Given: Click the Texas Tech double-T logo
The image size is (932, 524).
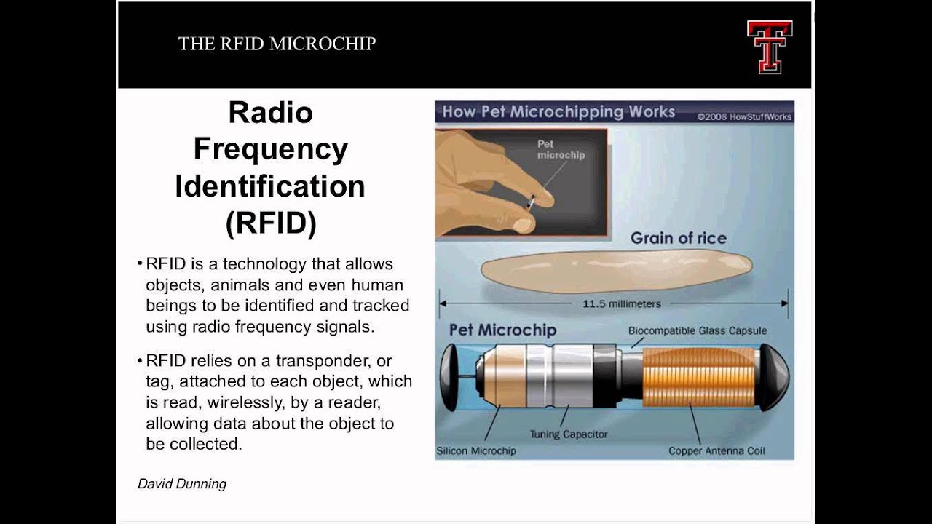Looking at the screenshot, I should coord(769,46).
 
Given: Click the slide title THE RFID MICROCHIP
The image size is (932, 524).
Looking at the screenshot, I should coord(277,44).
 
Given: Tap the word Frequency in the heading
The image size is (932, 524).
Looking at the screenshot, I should coord(270,149).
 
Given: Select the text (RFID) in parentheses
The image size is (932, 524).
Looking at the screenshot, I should coord(270,223).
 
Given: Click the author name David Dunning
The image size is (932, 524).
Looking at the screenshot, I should coord(182,483).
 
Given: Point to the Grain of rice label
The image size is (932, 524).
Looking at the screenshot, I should coord(678,238).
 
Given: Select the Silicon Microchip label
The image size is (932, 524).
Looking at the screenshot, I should coord(476,450).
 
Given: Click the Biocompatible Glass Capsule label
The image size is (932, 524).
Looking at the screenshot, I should coord(698,330).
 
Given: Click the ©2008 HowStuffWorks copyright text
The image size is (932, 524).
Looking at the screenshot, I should coord(743,116).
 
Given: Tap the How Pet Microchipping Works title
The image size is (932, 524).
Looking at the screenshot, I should coord(558,112).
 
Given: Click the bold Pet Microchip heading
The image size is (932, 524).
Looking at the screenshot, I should coord(502,330).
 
